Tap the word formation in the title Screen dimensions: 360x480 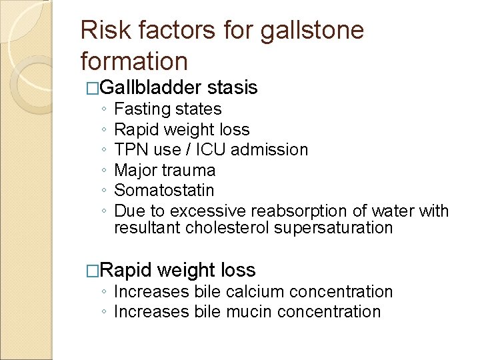(134, 61)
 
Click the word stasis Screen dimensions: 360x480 (233, 87)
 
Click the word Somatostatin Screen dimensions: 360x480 (164, 190)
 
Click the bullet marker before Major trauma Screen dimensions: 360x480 (105, 171)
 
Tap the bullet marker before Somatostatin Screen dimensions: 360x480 (105, 191)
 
